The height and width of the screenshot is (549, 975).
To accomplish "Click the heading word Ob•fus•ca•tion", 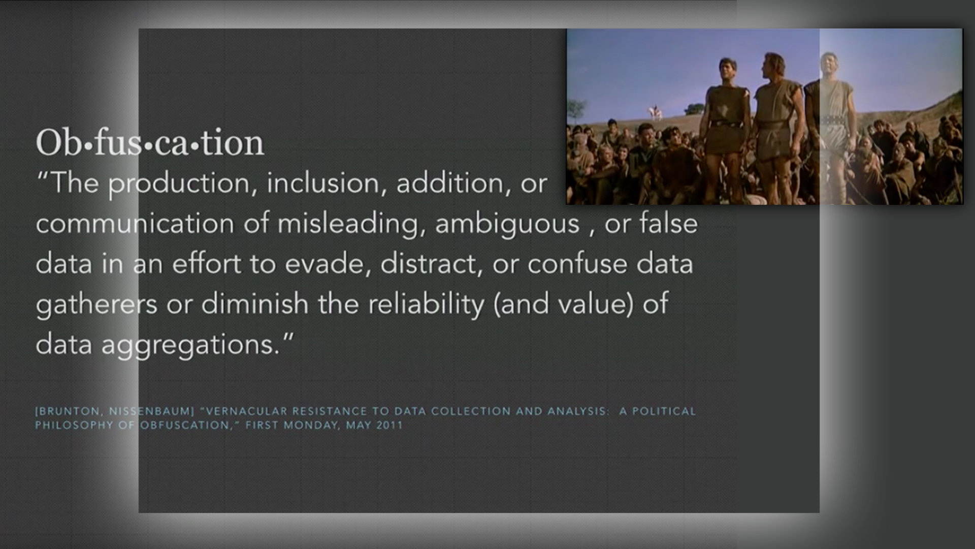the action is coord(150,143).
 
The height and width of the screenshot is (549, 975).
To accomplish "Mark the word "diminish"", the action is coord(255,304).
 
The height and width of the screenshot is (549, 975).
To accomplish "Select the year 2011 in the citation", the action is coord(389,425).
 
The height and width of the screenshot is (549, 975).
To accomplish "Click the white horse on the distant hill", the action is coord(654,112).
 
